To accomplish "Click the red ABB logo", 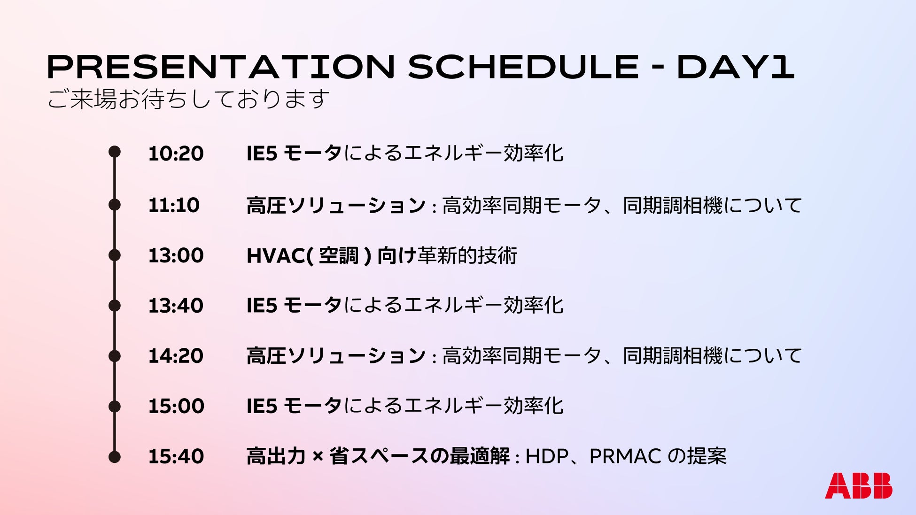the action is tap(858, 485).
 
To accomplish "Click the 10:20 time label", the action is tap(176, 154).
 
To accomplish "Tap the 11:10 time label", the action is tap(174, 205).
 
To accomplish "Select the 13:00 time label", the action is tap(176, 255).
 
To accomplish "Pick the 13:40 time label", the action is tap(176, 306).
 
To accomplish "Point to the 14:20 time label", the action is tap(176, 356).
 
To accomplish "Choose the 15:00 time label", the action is tap(176, 406).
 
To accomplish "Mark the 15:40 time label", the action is tap(176, 456).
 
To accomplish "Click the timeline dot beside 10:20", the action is tap(115, 152).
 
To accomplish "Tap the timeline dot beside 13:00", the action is tap(115, 255).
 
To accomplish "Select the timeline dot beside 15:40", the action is tap(115, 457).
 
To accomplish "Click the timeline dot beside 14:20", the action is tap(115, 356).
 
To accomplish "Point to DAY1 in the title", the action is tap(736, 67).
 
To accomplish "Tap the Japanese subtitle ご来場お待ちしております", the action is tap(188, 99).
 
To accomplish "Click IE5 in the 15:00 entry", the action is tap(262, 406).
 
